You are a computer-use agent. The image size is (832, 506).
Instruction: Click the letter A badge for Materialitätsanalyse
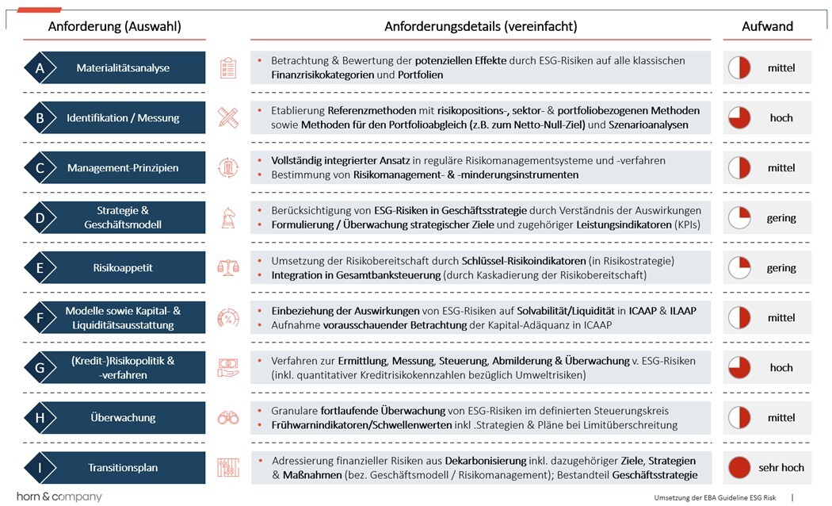tap(40, 68)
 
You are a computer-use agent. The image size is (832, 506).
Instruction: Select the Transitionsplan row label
tap(122, 468)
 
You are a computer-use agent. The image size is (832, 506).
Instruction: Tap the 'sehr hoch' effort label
tap(781, 468)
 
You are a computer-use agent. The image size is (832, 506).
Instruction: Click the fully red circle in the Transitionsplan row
tap(739, 468)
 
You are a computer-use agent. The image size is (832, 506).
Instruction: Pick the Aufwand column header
tap(767, 26)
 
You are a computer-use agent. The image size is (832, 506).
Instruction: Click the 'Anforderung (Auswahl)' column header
tap(114, 26)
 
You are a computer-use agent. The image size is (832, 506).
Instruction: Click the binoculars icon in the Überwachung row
tap(228, 418)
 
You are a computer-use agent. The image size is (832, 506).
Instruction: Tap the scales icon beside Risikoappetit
tap(228, 268)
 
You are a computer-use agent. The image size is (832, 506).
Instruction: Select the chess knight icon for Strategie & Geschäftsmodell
tap(228, 218)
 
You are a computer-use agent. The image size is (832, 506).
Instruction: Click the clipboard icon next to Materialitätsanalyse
tap(228, 68)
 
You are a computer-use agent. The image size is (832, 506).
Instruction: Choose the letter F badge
tap(40, 318)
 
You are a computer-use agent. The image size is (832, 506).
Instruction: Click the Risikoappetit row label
tap(122, 268)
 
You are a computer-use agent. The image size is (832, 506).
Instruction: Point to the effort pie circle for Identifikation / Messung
tap(739, 118)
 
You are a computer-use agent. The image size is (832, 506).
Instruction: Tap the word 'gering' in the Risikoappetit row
tap(781, 268)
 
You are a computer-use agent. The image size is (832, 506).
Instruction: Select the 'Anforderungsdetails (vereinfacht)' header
tap(480, 26)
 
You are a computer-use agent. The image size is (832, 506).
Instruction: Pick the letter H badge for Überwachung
tap(40, 418)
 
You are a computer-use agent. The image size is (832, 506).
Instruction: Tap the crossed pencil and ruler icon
tap(228, 118)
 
